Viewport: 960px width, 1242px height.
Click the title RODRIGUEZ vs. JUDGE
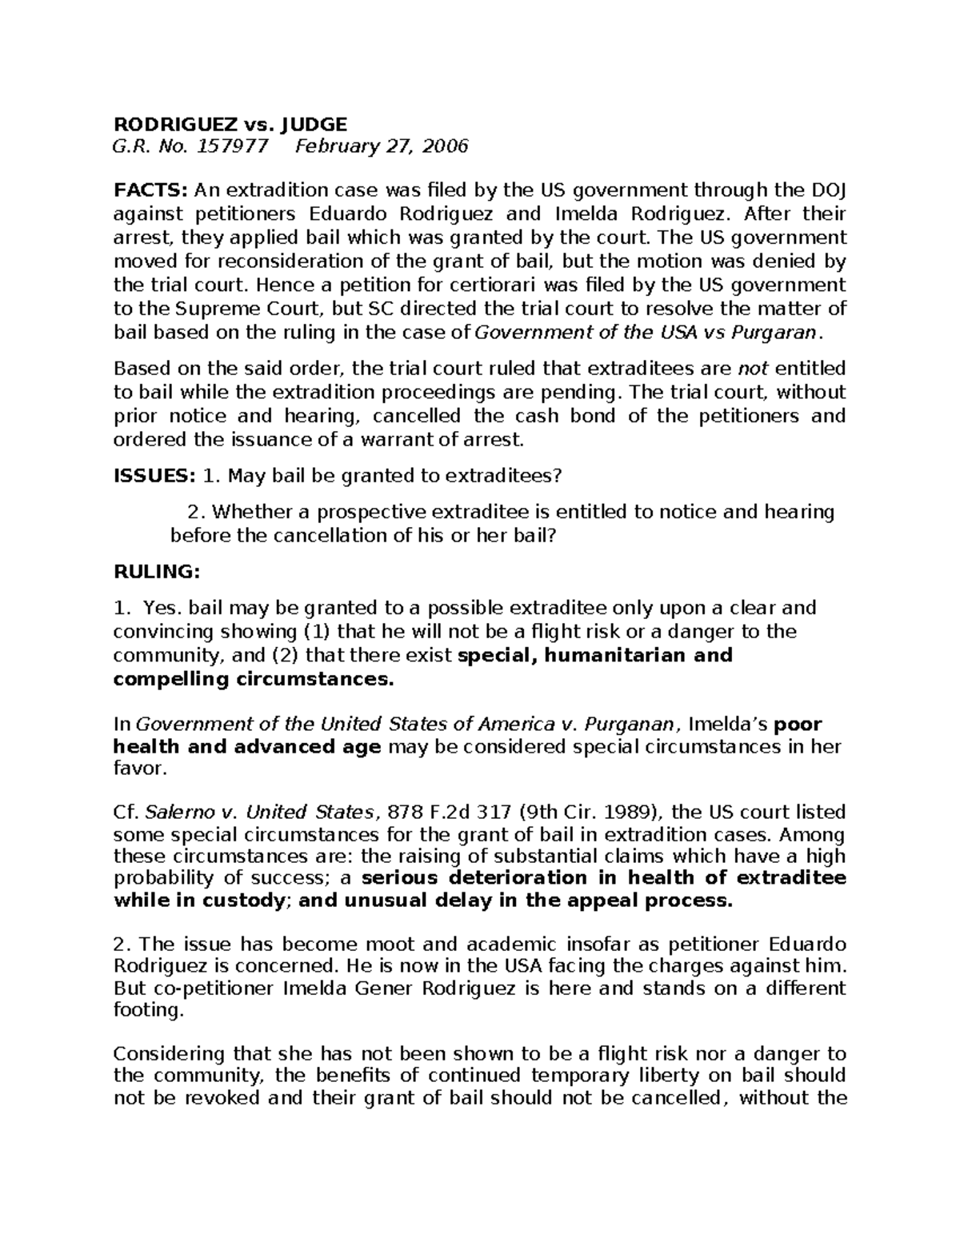[230, 124]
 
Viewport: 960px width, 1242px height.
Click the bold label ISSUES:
[154, 476]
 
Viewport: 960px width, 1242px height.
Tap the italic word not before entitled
[752, 369]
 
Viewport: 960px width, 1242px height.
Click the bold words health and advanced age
[246, 747]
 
